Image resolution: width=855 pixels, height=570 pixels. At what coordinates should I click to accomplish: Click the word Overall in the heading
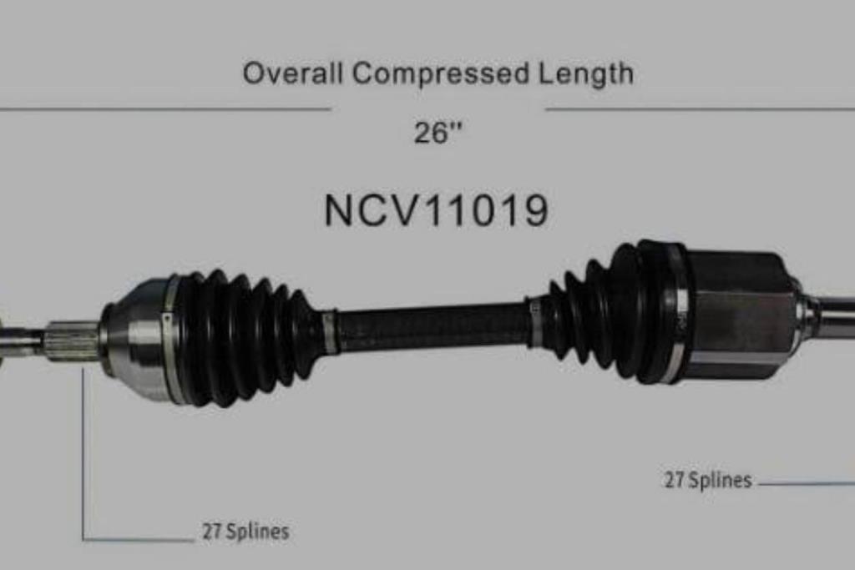point(293,73)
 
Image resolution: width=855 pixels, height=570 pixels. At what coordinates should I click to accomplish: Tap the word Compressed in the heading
point(441,73)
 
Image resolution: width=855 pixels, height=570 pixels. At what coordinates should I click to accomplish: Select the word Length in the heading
point(585,74)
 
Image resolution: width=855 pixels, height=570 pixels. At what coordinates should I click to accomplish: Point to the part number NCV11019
point(436,211)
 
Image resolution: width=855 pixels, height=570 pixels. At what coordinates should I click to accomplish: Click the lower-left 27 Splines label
point(245,532)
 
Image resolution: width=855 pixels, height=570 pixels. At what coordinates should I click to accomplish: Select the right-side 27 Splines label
point(708,480)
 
